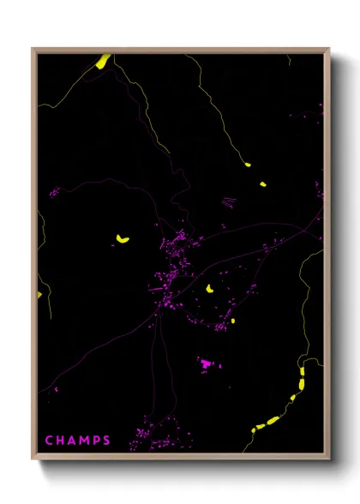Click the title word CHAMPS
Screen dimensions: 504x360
point(77,441)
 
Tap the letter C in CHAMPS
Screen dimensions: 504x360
point(49,441)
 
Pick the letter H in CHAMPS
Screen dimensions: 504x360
point(59,441)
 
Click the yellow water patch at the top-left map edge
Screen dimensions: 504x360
point(102,61)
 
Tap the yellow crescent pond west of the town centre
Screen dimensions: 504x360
point(123,239)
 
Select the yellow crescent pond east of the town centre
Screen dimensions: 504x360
point(208,289)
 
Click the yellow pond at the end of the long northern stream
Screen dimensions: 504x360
point(248,164)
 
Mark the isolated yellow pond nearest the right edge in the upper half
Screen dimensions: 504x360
point(262,183)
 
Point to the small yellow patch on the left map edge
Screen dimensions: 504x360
point(39,295)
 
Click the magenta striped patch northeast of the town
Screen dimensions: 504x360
point(229,202)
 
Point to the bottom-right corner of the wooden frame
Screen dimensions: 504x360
point(329,460)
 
